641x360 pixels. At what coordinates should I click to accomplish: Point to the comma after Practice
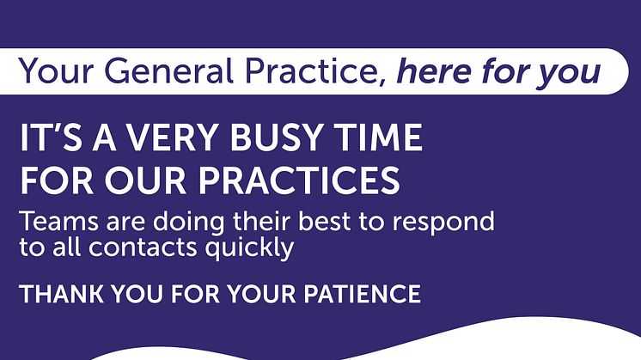tap(382, 82)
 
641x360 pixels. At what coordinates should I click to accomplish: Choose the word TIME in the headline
tap(379, 137)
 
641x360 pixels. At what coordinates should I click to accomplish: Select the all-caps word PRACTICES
tap(299, 180)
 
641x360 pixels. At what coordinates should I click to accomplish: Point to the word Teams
tap(59, 222)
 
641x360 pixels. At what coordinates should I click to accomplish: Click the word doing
tap(188, 223)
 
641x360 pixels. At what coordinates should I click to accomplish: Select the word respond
tap(443, 223)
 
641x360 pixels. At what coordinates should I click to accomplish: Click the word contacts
tap(143, 247)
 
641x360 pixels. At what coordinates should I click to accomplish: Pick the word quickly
tap(249, 249)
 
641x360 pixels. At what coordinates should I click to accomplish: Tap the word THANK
tap(61, 294)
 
